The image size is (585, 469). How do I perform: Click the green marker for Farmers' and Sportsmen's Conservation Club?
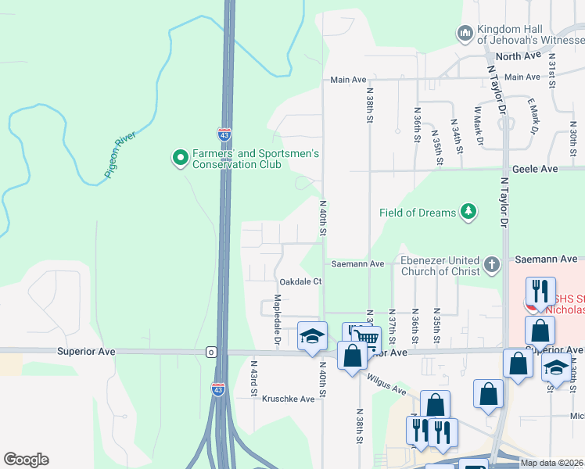pyautogui.click(x=180, y=159)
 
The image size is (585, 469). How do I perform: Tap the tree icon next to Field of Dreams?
pyautogui.click(x=468, y=212)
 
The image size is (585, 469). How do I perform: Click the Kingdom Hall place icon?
pyautogui.click(x=465, y=33)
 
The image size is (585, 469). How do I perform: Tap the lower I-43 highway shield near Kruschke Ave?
pyautogui.click(x=218, y=388)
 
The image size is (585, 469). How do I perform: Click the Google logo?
pyautogui.click(x=26, y=460)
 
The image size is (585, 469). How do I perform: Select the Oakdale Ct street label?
pyautogui.click(x=300, y=281)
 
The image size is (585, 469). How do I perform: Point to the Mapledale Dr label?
pyautogui.click(x=277, y=320)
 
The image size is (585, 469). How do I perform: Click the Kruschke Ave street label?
pyautogui.click(x=288, y=399)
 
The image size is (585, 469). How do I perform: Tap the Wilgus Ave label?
pyautogui.click(x=388, y=384)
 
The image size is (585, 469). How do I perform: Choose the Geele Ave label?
pyautogui.click(x=535, y=169)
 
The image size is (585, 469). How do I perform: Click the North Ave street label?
pyautogui.click(x=518, y=56)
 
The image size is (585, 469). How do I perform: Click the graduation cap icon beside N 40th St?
pyautogui.click(x=312, y=336)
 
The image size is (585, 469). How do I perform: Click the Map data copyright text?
pyautogui.click(x=551, y=463)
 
